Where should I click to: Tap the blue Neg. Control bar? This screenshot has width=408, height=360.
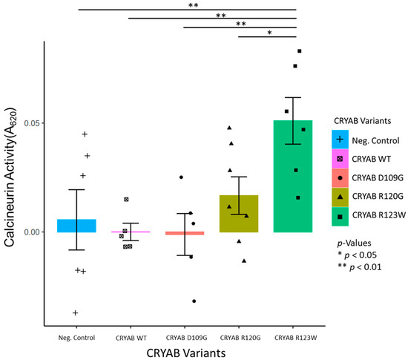click(76, 226)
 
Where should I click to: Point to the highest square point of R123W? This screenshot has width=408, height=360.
click(300, 51)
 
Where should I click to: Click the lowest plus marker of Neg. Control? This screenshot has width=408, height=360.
click(75, 312)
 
